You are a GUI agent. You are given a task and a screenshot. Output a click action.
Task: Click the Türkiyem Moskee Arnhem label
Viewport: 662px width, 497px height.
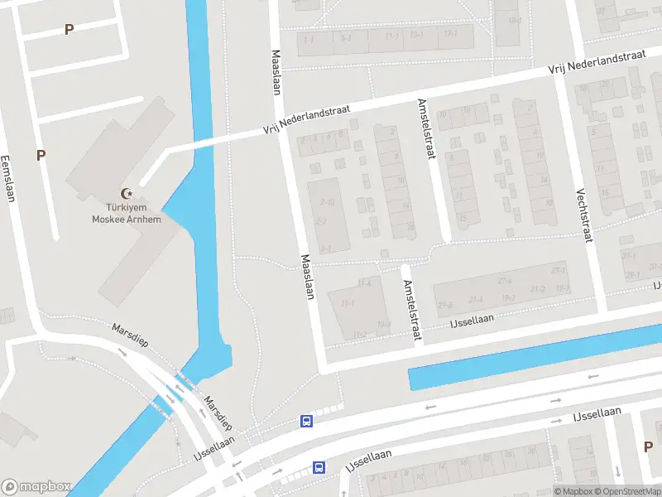point(127,213)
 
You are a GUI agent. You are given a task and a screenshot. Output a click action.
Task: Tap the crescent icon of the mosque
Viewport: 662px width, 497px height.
point(127,193)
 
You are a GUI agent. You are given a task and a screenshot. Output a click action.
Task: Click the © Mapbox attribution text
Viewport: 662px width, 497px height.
point(573,491)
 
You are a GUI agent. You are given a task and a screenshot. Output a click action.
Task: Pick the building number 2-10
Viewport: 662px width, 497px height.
point(328,202)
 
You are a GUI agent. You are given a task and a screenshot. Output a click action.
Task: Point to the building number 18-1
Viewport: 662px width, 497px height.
point(514,21)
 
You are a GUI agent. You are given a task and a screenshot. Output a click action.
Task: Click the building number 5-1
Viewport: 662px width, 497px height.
point(346,37)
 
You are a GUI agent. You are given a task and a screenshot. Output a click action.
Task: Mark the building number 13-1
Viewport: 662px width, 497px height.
point(450,34)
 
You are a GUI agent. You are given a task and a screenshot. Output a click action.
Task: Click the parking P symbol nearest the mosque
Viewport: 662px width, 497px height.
point(41,154)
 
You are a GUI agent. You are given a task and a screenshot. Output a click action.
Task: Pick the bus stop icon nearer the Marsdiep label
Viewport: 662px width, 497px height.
point(306,421)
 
